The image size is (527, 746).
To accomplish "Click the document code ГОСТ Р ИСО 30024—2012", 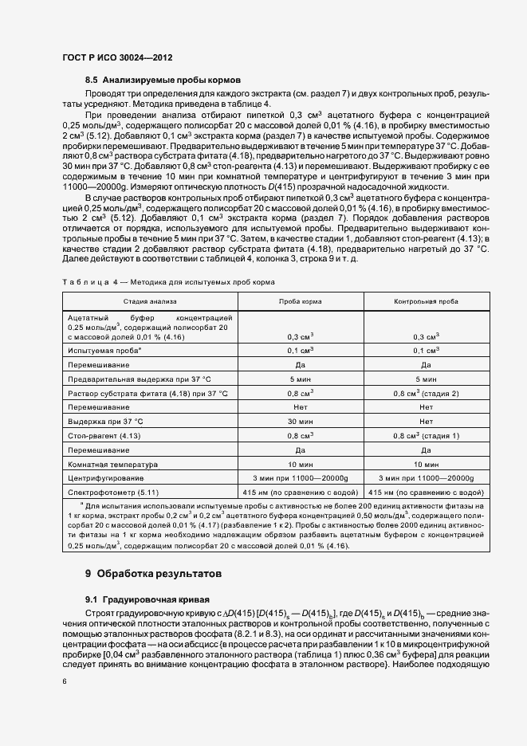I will [117, 58].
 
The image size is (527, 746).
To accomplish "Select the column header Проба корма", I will [300, 303].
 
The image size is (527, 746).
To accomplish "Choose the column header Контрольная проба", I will [426, 303].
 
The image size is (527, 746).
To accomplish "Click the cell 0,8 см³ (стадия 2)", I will [426, 394].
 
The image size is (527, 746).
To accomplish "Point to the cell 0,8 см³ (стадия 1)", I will [426, 436].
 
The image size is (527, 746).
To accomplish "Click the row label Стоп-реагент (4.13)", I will [104, 436].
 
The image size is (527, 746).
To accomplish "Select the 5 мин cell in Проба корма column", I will [300, 379].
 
